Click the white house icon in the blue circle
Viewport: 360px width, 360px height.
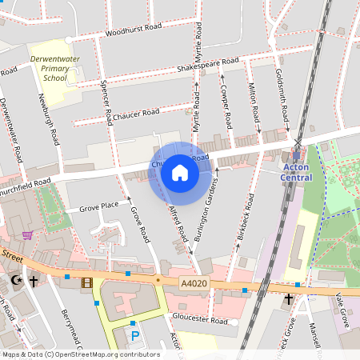point(180,173)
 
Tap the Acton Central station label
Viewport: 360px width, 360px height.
point(297,171)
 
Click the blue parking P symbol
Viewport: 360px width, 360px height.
point(134,335)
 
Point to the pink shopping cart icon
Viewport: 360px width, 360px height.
point(28,234)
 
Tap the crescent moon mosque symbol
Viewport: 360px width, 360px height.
point(18,281)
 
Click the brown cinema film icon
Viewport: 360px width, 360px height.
point(86,282)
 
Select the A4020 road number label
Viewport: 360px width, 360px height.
point(193,283)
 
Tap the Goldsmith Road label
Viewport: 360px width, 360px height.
point(280,91)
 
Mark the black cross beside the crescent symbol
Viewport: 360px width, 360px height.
point(34,281)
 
